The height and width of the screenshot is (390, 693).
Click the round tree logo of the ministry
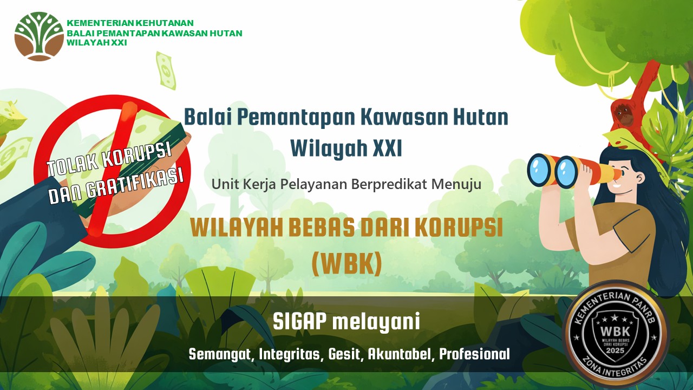pyautogui.click(x=39, y=36)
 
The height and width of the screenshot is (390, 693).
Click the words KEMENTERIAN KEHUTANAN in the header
pyautogui.click(x=130, y=23)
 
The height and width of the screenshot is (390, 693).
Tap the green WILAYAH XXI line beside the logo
pyautogui.click(x=97, y=43)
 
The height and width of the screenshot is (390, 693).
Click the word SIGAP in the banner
pyautogui.click(x=299, y=322)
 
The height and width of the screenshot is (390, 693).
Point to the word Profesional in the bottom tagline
pyautogui.click(x=474, y=354)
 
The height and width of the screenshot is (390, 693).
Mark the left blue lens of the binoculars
pyautogui.click(x=540, y=170)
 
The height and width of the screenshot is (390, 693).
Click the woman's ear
pyautogui.click(x=639, y=179)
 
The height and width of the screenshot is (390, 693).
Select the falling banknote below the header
pyautogui.click(x=166, y=70)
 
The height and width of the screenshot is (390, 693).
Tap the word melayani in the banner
pyautogui.click(x=376, y=322)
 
